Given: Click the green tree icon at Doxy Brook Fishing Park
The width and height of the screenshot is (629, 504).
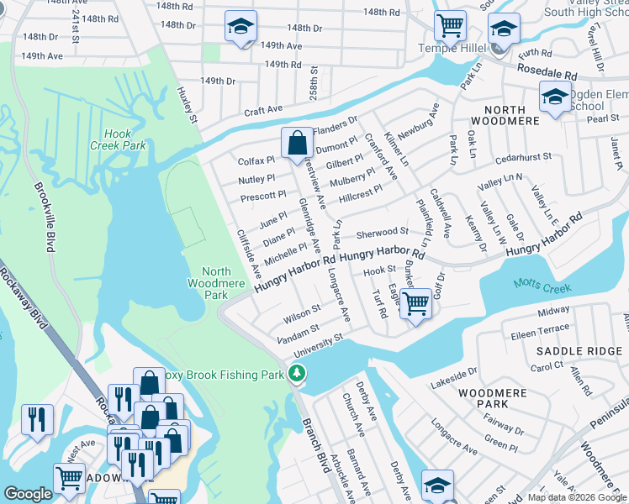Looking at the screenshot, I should click(x=295, y=373).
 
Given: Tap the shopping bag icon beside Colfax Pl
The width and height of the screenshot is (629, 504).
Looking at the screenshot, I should click(x=297, y=143).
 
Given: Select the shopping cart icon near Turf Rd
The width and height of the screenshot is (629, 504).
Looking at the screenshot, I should click(x=416, y=304).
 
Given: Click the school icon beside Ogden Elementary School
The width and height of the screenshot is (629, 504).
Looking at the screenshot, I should click(x=555, y=97).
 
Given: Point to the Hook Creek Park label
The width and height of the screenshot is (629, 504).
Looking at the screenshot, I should click(x=124, y=139).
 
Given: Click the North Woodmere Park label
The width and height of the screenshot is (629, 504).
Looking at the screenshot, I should click(x=216, y=283).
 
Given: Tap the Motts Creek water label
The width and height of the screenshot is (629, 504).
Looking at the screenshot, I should click(x=543, y=287).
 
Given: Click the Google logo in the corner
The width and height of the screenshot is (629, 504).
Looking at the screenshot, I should click(x=29, y=494).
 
